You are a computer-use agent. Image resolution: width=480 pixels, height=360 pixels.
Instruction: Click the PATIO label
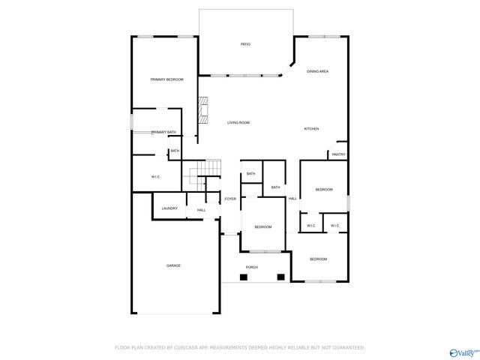point(245,44)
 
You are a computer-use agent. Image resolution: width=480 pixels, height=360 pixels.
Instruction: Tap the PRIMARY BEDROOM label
point(166,79)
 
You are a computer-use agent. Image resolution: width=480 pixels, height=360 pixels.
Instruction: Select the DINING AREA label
point(317,71)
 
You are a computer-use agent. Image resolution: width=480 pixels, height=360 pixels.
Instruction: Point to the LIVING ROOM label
point(238,122)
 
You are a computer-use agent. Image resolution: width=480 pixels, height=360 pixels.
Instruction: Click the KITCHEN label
point(311,129)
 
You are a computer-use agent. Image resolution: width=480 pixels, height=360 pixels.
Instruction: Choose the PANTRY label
point(338,154)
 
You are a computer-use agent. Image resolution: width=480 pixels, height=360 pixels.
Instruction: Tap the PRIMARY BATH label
point(164,132)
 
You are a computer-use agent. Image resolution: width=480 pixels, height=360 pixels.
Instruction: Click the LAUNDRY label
point(169,208)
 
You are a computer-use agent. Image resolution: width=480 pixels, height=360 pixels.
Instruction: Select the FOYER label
point(230,199)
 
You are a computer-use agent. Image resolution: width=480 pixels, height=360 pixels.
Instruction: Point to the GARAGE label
point(173,265)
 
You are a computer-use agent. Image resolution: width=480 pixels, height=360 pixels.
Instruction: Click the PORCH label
point(252,267)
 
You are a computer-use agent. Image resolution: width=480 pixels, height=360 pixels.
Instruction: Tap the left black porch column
point(243,277)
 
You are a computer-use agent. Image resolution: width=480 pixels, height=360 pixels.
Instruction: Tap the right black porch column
point(280,277)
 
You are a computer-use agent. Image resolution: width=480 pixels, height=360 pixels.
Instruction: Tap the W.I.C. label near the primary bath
point(156,177)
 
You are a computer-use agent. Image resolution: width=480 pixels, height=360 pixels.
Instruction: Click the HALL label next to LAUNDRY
point(201,210)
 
